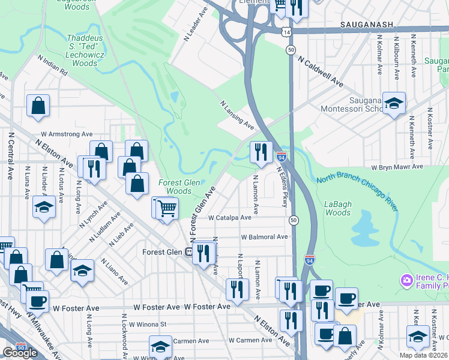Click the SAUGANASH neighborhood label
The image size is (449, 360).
pyautogui.click(x=366, y=24)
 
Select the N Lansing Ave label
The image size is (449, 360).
pyautogui.click(x=237, y=115)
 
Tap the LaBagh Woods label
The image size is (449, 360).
pyautogui.click(x=338, y=208)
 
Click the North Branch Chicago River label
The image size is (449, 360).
pyautogui.click(x=357, y=190)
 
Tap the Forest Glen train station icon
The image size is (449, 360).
pyautogui.click(x=188, y=252)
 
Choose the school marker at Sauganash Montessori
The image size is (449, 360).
pyautogui.click(x=394, y=103)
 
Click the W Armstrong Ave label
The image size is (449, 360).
pyautogui.click(x=67, y=134)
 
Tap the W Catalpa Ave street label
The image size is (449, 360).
pyautogui.click(x=230, y=218)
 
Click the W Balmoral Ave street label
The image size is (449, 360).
pyautogui.click(x=264, y=237)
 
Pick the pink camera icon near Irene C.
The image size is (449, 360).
pyautogui.click(x=407, y=280)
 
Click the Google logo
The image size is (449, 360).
pyautogui.click(x=20, y=353)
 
